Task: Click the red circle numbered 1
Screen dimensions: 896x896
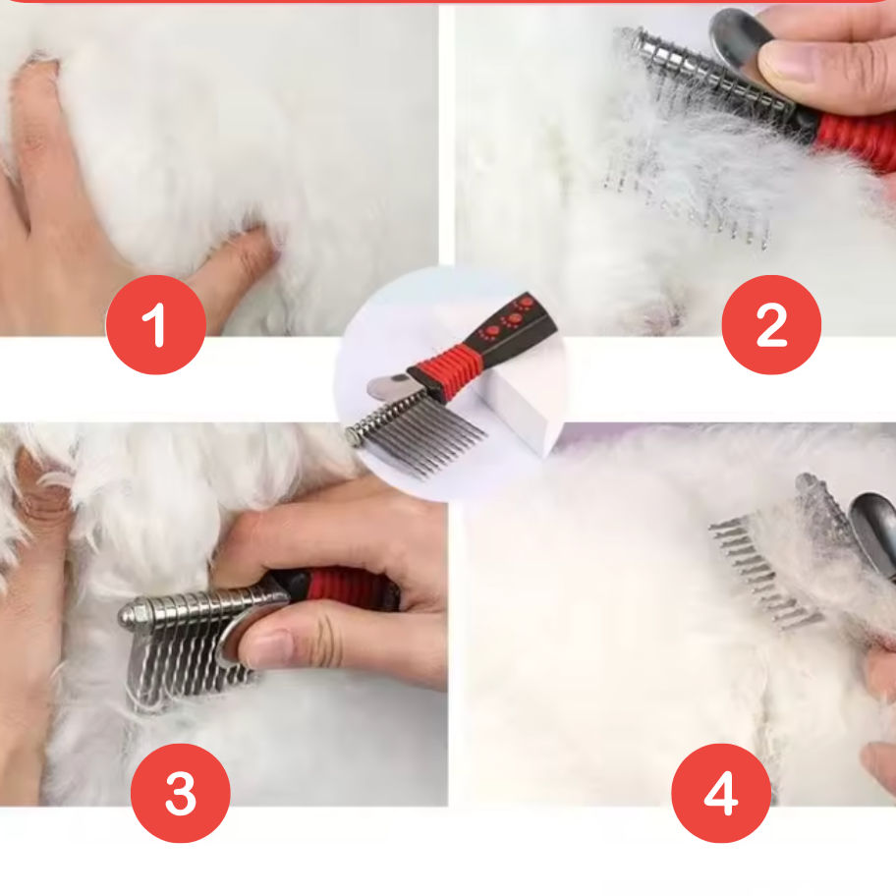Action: tap(156, 324)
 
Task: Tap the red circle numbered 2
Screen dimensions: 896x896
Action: tap(771, 324)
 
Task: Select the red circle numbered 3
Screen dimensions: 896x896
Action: tap(181, 793)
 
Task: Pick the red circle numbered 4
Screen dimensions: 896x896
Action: tap(721, 793)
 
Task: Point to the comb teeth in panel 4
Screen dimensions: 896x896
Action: tap(765, 572)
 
